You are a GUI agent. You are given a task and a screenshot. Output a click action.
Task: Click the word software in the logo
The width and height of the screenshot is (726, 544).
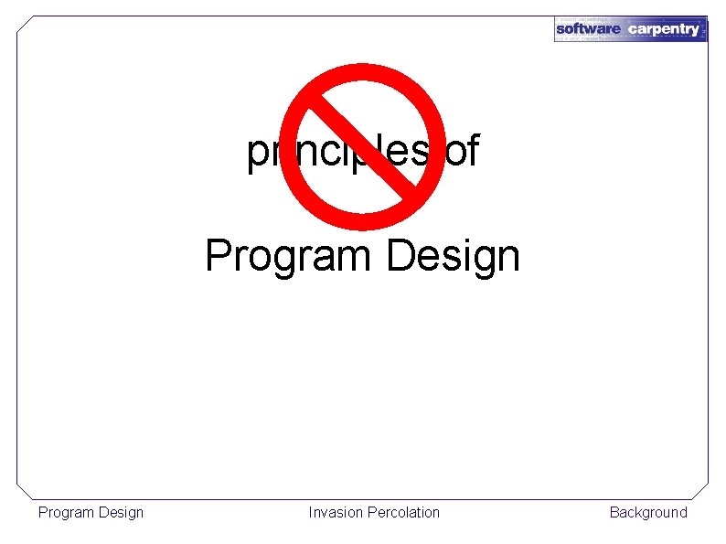pyautogui.click(x=588, y=29)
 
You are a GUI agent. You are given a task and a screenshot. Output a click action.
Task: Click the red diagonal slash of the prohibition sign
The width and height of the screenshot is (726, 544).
pyautogui.click(x=363, y=145)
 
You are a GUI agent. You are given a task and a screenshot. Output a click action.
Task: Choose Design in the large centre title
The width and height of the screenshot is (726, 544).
pyautogui.click(x=453, y=256)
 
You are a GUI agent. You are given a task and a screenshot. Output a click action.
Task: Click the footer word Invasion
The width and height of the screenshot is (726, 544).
pyautogui.click(x=336, y=512)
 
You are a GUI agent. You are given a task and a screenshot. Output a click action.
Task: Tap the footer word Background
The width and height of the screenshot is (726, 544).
pyautogui.click(x=648, y=512)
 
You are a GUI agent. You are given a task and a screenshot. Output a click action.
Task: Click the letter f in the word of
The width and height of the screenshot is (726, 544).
pyautogui.click(x=472, y=151)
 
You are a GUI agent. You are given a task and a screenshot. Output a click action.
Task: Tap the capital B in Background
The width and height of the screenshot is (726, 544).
pyautogui.click(x=614, y=512)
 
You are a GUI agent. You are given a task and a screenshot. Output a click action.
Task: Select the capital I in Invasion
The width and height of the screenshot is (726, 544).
pyautogui.click(x=311, y=512)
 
